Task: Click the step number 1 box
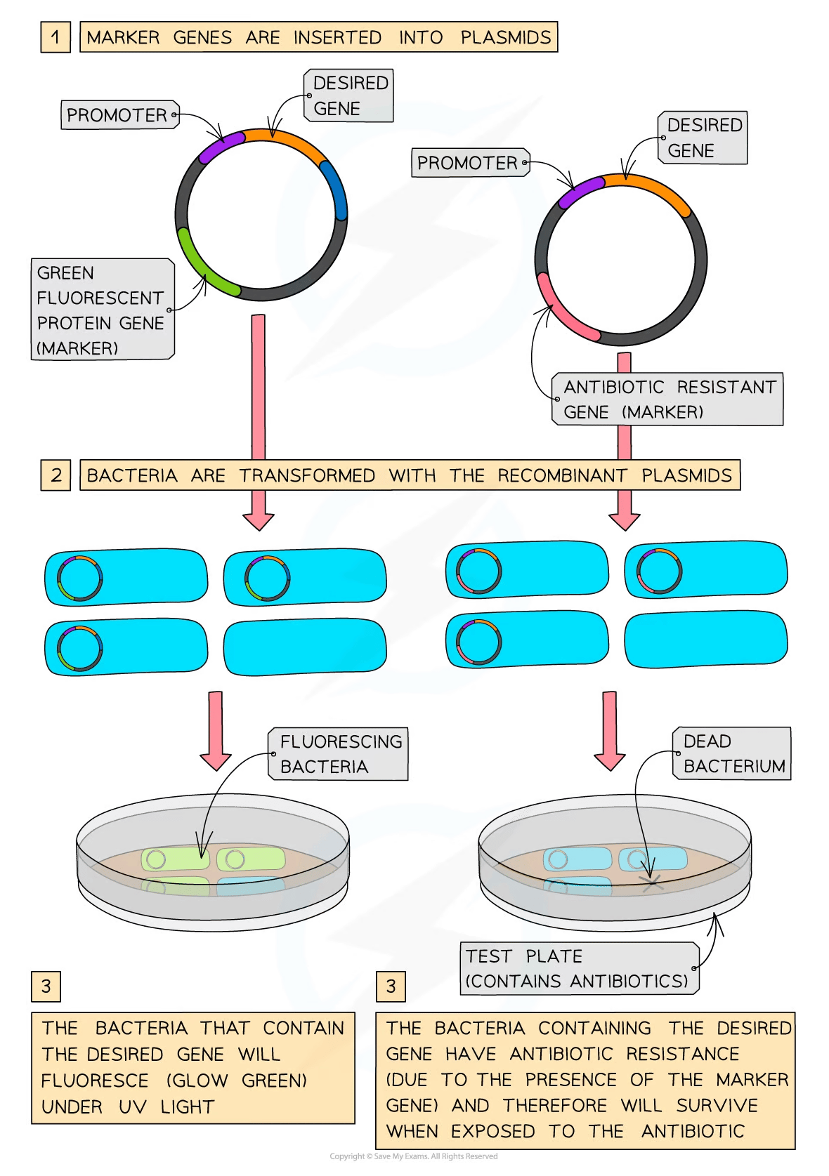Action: [x=55, y=37]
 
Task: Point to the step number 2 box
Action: [x=56, y=475]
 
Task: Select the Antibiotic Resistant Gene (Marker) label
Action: [x=668, y=399]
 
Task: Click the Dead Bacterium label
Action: [x=732, y=754]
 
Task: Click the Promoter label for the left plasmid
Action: [x=117, y=115]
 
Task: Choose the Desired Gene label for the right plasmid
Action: [x=703, y=138]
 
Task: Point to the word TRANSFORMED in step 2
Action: [x=307, y=475]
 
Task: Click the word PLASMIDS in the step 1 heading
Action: [x=506, y=37]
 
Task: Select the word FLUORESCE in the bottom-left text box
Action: [x=95, y=1081]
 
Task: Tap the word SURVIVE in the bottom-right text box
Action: [x=717, y=1105]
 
